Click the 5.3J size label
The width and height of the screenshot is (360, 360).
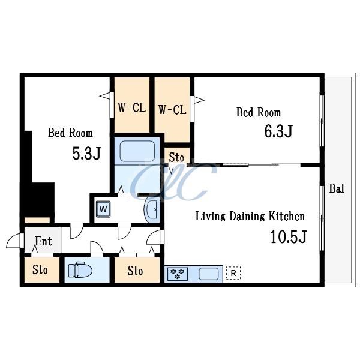[86, 154]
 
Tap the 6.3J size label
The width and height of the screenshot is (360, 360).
[278, 131]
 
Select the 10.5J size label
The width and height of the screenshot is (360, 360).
[289, 237]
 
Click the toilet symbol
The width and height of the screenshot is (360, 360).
[80, 269]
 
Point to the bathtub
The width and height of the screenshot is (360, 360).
[137, 151]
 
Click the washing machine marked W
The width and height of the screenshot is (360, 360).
[103, 209]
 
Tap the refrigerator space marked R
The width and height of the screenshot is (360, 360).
[233, 273]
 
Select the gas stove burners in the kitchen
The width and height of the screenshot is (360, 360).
[178, 274]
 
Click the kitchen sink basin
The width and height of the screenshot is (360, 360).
[208, 274]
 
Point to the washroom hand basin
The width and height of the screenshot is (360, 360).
[152, 209]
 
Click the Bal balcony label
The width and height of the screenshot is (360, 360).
[337, 188]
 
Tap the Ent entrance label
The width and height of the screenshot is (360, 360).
[44, 241]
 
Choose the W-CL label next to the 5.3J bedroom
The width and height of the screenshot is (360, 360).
[132, 107]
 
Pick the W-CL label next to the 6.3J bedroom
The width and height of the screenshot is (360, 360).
[172, 110]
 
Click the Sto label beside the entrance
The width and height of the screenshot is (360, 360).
[40, 269]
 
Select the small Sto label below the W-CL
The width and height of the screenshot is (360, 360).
[176, 157]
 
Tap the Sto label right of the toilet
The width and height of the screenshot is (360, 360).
[135, 271]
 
